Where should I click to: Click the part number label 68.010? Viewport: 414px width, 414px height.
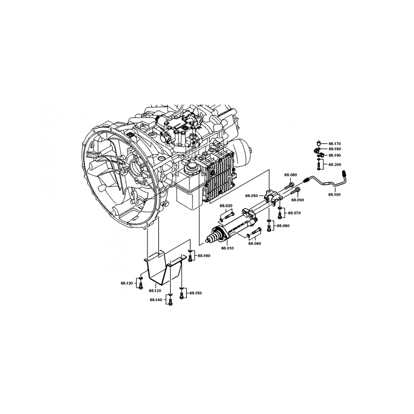pos(228,248)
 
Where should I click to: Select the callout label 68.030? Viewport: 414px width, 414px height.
pos(226,206)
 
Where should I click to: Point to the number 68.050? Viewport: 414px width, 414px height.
pos(252,196)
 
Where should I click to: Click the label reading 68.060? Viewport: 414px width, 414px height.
pos(283,226)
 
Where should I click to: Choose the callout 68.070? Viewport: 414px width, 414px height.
pos(294,213)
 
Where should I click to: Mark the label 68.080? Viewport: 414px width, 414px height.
pos(290,175)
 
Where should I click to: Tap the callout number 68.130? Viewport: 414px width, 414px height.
pos(127,283)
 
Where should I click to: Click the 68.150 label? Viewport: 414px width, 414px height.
pos(196,293)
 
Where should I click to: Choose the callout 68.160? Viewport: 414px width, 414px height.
pos(204,256)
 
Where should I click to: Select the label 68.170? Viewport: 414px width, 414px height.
pos(335,143)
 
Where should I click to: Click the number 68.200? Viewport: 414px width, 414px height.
pos(335,164)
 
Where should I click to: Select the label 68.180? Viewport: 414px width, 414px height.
pos(335,149)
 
